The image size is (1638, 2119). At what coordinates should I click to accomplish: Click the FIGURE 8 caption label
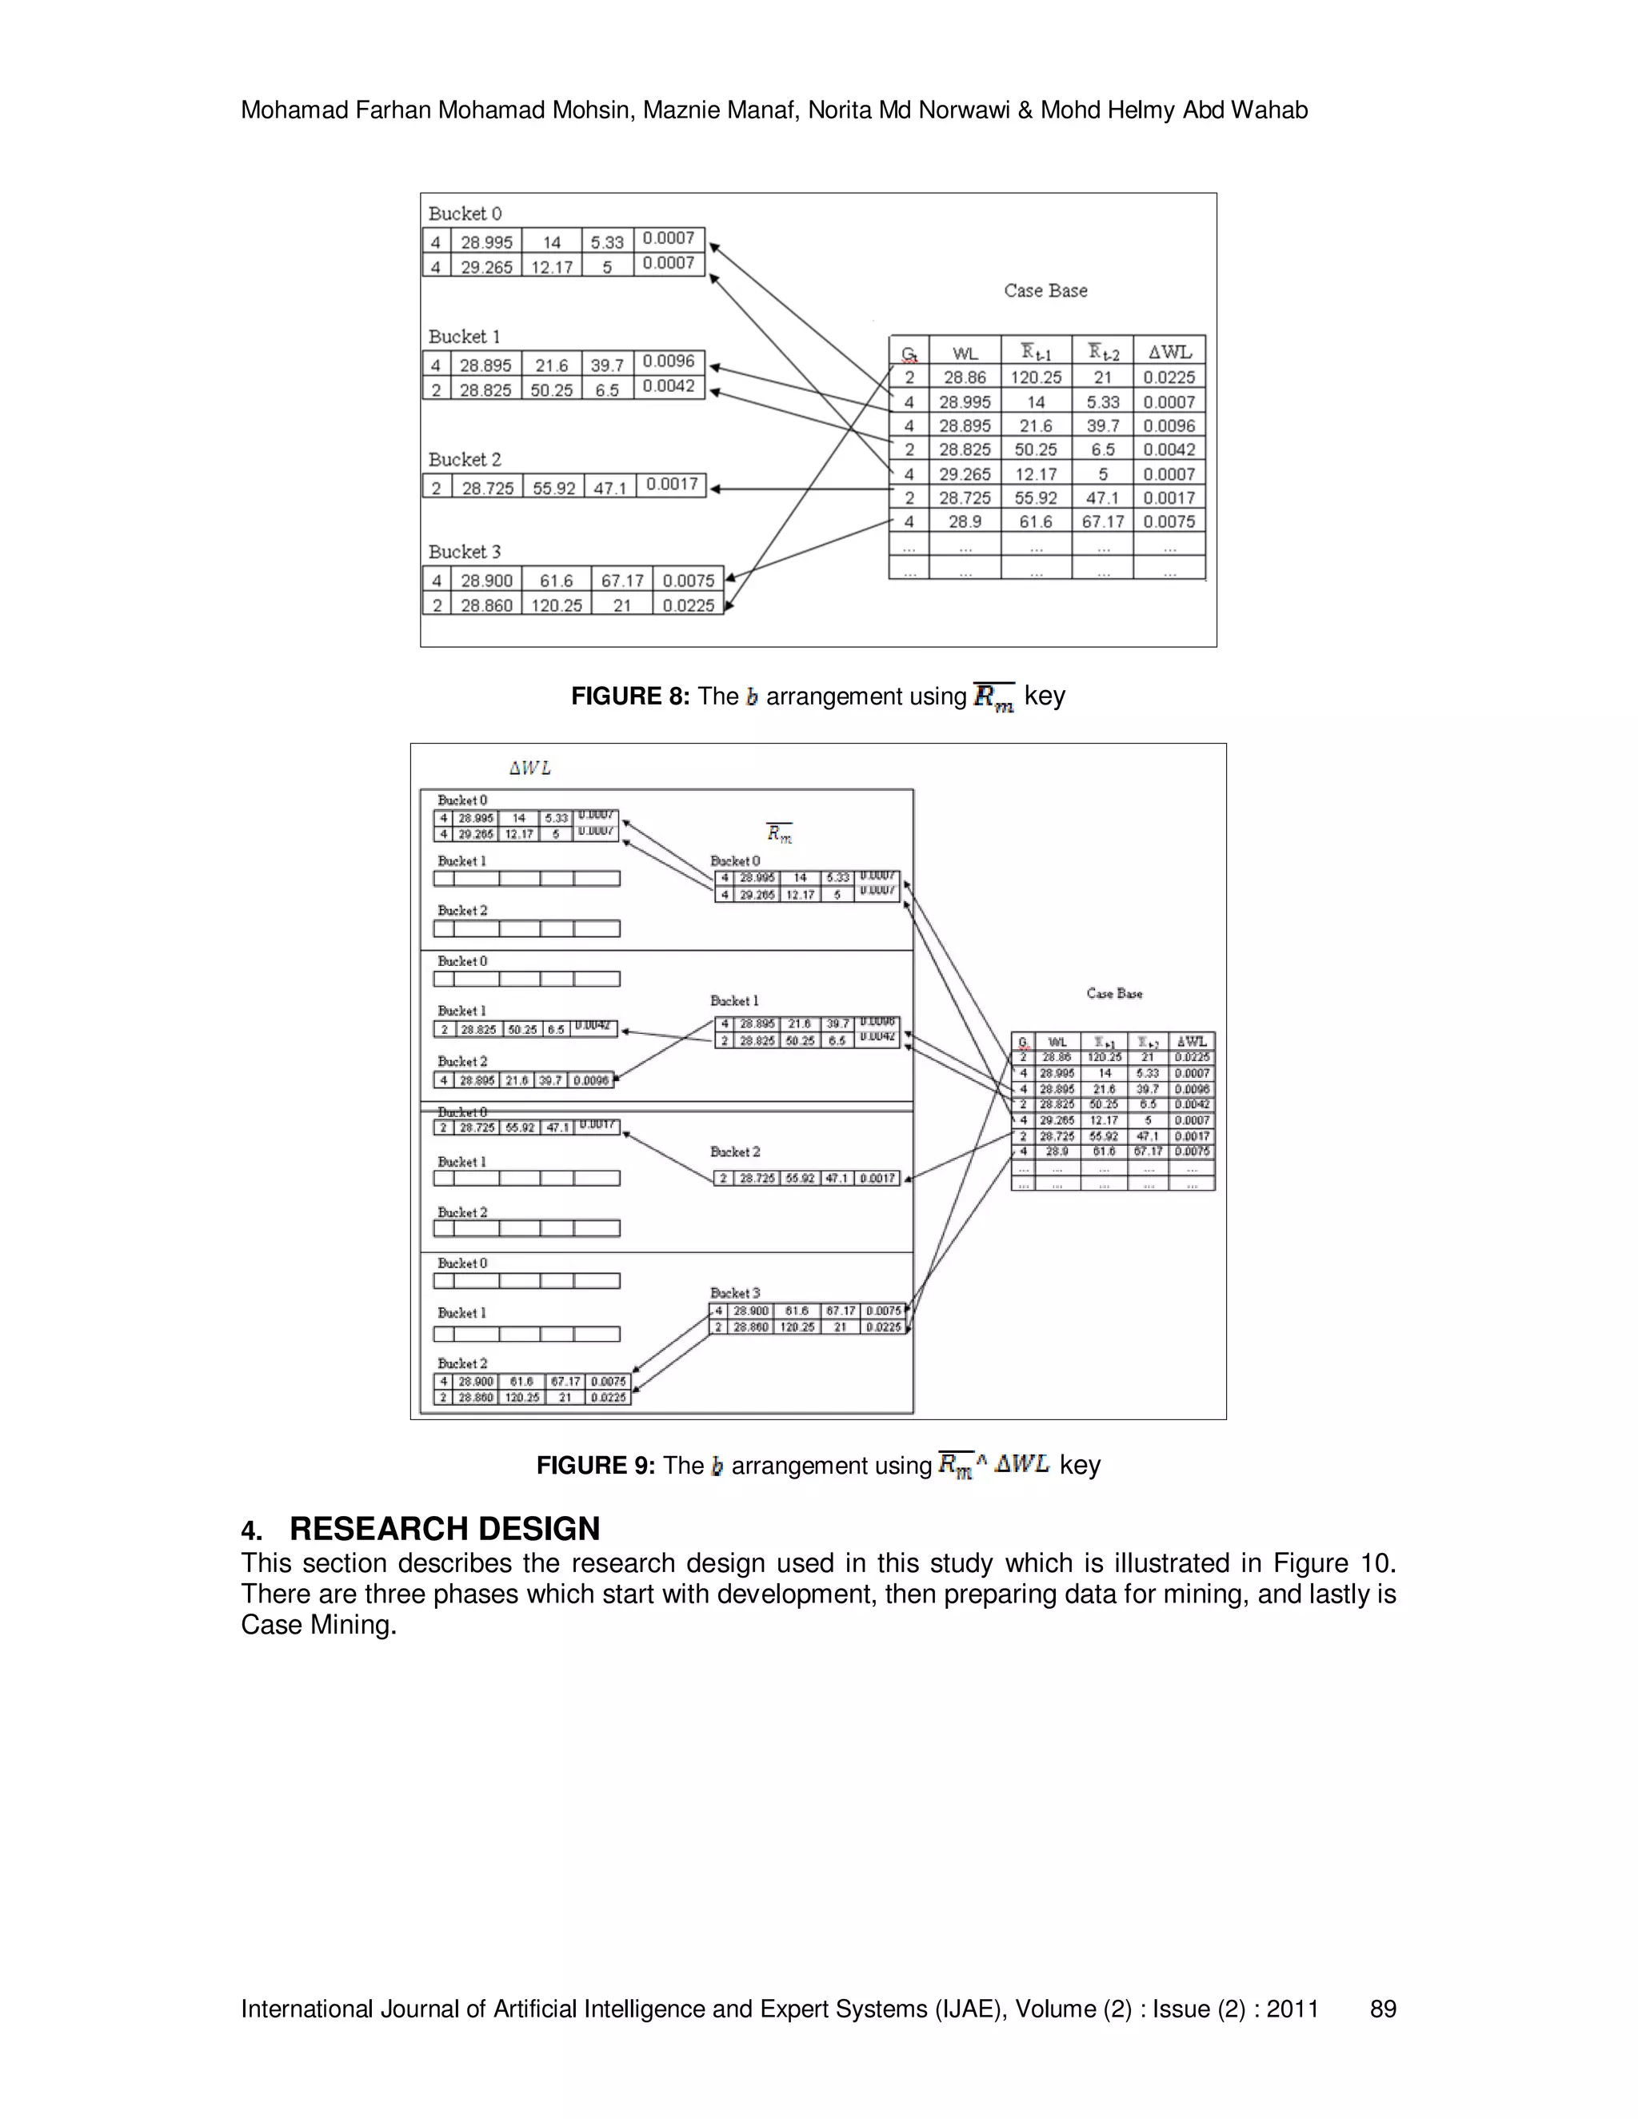(x=629, y=696)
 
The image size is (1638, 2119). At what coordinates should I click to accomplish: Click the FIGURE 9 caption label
(x=596, y=1466)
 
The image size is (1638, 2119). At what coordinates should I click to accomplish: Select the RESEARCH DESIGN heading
(x=445, y=1529)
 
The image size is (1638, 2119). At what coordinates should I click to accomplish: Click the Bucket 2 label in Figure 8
(x=465, y=460)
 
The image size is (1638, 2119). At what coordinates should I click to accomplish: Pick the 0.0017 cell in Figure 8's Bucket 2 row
(x=672, y=484)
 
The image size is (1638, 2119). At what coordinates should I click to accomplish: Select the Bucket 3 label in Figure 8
(x=465, y=552)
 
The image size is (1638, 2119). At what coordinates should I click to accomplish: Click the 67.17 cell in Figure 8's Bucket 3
(x=622, y=581)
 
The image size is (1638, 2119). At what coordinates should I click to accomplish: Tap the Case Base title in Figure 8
(x=1045, y=291)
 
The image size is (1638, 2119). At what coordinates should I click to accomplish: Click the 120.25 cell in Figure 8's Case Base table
(x=1037, y=377)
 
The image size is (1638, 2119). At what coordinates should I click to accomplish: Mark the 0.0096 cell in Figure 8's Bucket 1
(x=669, y=361)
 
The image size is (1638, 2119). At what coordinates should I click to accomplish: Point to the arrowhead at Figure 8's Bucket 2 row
(x=715, y=489)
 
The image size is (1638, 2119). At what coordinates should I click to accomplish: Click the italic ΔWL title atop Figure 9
(x=529, y=768)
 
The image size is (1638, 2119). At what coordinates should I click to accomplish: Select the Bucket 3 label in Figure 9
(x=734, y=1293)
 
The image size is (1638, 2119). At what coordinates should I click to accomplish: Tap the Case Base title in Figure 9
(x=1114, y=993)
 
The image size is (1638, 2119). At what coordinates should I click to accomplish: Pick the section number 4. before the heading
(x=251, y=1531)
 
